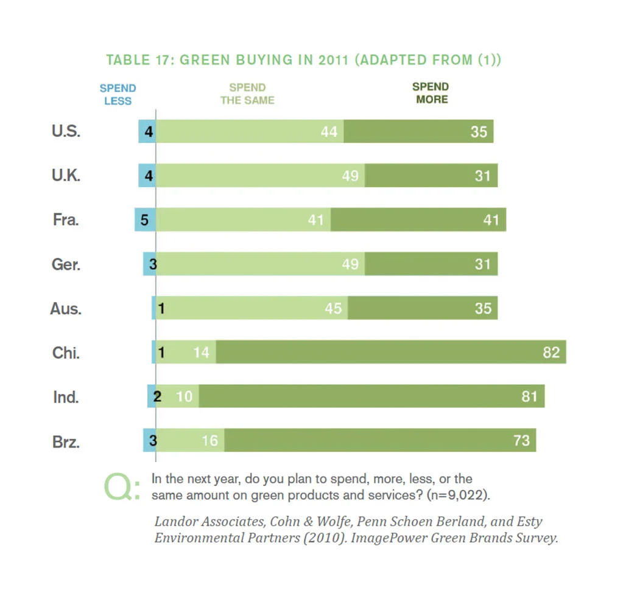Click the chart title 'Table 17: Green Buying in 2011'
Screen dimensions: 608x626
coord(303,60)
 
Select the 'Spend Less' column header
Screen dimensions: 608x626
coord(118,95)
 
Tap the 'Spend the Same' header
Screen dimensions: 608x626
coord(247,94)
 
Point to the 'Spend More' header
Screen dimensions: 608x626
coord(431,93)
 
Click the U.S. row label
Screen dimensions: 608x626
coord(66,131)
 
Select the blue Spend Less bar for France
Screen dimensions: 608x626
coord(145,219)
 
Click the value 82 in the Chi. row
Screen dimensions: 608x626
coord(550,352)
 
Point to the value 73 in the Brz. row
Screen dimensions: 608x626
coord(521,441)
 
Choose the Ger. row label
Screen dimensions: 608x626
coord(66,264)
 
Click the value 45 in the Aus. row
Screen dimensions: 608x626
coord(333,308)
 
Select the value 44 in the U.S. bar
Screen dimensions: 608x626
coord(329,131)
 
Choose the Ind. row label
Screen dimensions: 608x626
coord(66,397)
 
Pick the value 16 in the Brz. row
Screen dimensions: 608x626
coord(209,441)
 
